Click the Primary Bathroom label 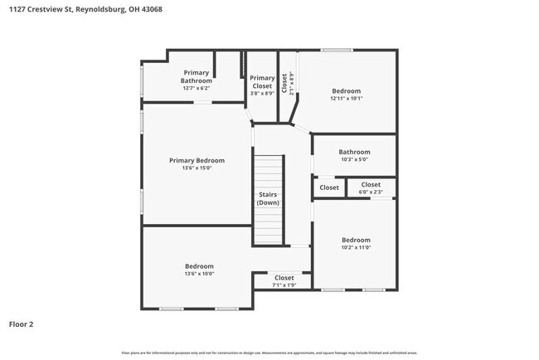tap(197, 76)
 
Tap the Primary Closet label tap(262, 81)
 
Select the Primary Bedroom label tap(197, 160)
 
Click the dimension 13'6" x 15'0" tap(197, 168)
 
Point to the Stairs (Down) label tap(268, 198)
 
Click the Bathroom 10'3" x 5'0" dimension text tap(354, 160)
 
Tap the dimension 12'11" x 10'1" tap(347, 99)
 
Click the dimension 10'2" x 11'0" tap(356, 247)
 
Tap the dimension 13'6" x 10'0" tap(198, 274)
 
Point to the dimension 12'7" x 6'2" tap(197, 89)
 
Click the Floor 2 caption tap(22, 324)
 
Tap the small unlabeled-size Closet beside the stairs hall tap(329, 187)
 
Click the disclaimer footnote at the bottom tap(269, 353)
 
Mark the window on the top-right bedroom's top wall tap(337, 51)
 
